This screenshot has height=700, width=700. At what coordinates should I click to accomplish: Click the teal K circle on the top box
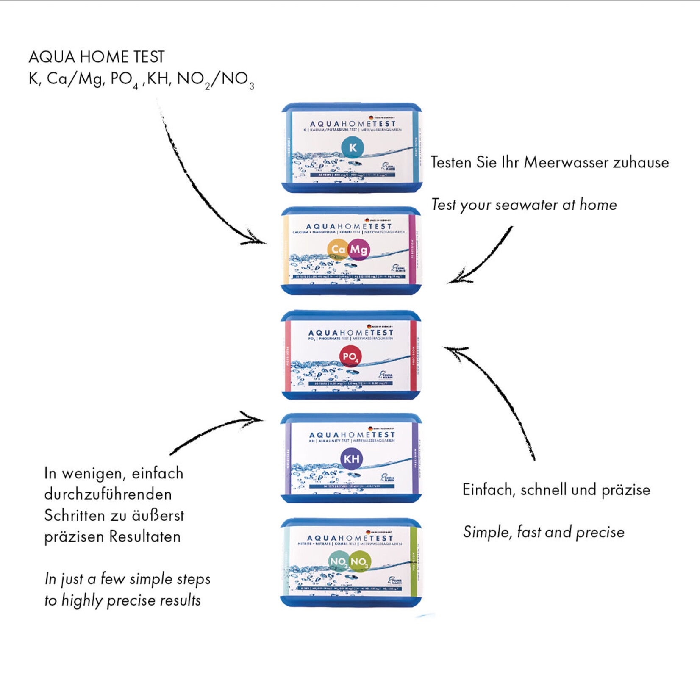[353, 147]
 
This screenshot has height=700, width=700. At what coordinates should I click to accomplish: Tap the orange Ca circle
[338, 250]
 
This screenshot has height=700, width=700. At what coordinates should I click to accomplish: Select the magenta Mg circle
[359, 250]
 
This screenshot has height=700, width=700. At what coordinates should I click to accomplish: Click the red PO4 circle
[350, 357]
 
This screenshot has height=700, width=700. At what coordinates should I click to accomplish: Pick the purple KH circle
[352, 459]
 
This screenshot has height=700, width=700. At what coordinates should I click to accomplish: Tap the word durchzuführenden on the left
[108, 494]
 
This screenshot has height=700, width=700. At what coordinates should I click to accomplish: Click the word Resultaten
[145, 537]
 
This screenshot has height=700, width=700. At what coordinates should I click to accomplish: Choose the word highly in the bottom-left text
[82, 600]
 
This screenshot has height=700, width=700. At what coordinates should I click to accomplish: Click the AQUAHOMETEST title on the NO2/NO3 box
[350, 538]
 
